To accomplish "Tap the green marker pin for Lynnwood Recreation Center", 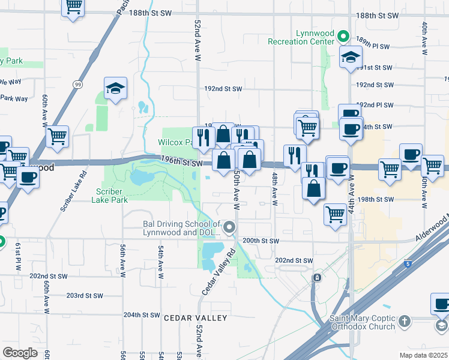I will point(343,37).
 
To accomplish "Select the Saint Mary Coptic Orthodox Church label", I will point(362,322).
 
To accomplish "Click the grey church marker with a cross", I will point(405,322).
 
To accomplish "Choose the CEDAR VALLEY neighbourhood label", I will point(196,317).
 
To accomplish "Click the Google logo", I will point(20,352).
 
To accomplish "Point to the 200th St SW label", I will point(261,241).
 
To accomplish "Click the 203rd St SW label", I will point(85,296).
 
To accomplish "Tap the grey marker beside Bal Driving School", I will point(229,227).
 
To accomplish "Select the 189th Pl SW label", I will point(373,46).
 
